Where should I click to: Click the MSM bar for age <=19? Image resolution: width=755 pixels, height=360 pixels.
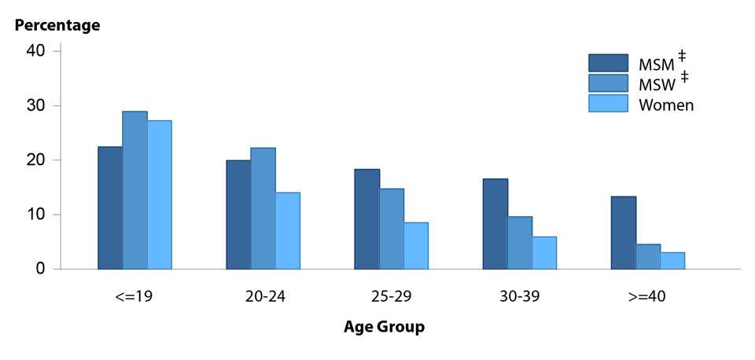pyautogui.click(x=110, y=208)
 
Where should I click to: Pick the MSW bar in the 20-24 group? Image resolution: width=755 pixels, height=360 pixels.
pyautogui.click(x=263, y=208)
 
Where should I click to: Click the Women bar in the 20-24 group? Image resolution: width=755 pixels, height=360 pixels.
pyautogui.click(x=288, y=231)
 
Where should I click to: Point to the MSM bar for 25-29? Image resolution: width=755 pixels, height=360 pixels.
pyautogui.click(x=366, y=219)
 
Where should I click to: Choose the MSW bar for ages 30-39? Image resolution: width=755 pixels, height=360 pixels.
pyautogui.click(x=520, y=243)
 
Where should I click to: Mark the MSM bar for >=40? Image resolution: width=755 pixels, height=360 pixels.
pyautogui.click(x=624, y=233)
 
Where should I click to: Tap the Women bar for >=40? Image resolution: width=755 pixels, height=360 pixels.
pyautogui.click(x=672, y=261)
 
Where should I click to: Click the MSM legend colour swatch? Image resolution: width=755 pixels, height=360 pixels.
pyautogui.click(x=608, y=63)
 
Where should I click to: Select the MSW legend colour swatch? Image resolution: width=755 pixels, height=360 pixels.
pyautogui.click(x=608, y=83)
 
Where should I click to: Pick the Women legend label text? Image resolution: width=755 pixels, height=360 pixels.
pyautogui.click(x=666, y=105)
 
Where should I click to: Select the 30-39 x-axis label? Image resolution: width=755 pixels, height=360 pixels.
pyautogui.click(x=519, y=297)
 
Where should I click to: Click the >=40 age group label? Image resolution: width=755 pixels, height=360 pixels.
pyautogui.click(x=648, y=297)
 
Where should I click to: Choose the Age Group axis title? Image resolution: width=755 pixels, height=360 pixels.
pyautogui.click(x=384, y=327)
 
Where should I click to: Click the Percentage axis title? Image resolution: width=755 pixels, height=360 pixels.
pyautogui.click(x=58, y=25)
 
